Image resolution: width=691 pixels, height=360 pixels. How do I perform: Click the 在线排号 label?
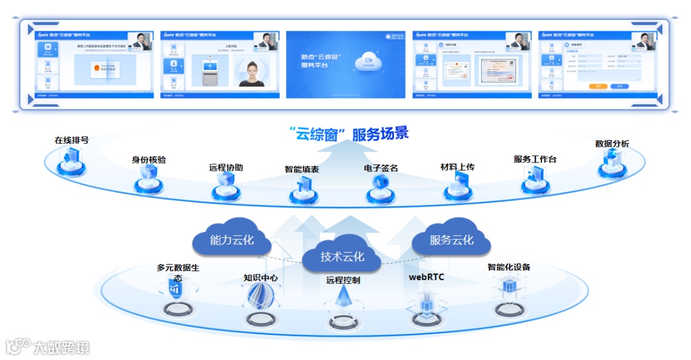pyautogui.click(x=72, y=140)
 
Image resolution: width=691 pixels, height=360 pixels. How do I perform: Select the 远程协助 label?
pyautogui.click(x=226, y=168)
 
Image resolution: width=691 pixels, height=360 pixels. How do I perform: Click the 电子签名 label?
pyautogui.click(x=381, y=168)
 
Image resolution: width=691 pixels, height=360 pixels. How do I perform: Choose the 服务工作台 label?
pyautogui.click(x=535, y=159)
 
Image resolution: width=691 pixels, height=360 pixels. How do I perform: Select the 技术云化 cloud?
pyautogui.click(x=342, y=257)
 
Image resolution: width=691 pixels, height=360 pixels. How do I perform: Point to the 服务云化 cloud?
pyautogui.click(x=452, y=240)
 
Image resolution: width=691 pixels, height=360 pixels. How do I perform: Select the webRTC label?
pyautogui.click(x=427, y=278)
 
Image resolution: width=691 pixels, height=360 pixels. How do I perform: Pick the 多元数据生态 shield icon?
pyautogui.click(x=175, y=288)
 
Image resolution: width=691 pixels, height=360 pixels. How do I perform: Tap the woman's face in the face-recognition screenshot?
pyautogui.click(x=251, y=68)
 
